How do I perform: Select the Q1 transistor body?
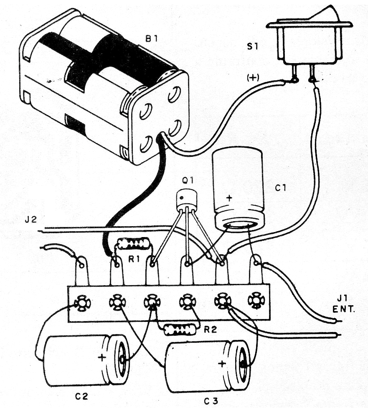pyautogui.click(x=186, y=200)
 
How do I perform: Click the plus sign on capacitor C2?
pyautogui.click(x=102, y=357)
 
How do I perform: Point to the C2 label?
pyautogui.click(x=81, y=395)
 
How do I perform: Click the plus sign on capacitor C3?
pyautogui.click(x=221, y=363)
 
